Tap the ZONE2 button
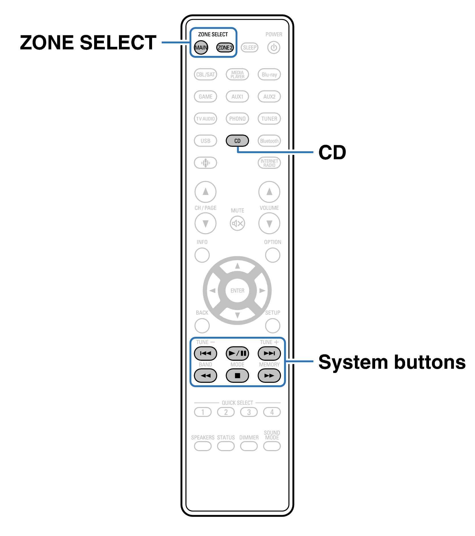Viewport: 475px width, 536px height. [225, 47]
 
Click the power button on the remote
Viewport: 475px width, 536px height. [274, 47]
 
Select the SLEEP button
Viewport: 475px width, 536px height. [250, 47]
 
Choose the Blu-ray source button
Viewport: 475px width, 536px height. [269, 74]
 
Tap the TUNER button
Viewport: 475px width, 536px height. [269, 118]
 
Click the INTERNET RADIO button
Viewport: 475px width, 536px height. [269, 163]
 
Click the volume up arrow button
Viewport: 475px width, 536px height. [269, 192]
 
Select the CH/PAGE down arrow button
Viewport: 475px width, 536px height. [205, 223]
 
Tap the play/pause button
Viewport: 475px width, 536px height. [237, 353]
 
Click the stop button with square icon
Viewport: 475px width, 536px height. [237, 376]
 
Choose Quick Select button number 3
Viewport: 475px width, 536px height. [249, 412]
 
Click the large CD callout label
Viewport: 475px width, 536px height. [332, 152]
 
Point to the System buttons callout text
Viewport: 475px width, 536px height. [392, 362]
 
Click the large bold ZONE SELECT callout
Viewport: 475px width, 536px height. [88, 43]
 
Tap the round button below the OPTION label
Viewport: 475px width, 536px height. [272, 255]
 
